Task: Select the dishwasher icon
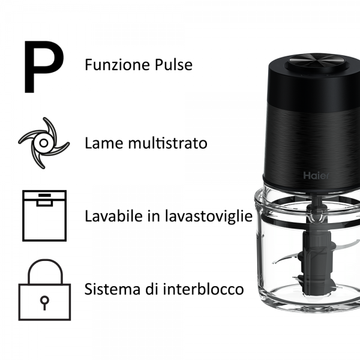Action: pyautogui.click(x=44, y=215)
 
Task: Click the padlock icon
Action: pyautogui.click(x=43, y=289)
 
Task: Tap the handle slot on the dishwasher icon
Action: pyautogui.click(x=44, y=203)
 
